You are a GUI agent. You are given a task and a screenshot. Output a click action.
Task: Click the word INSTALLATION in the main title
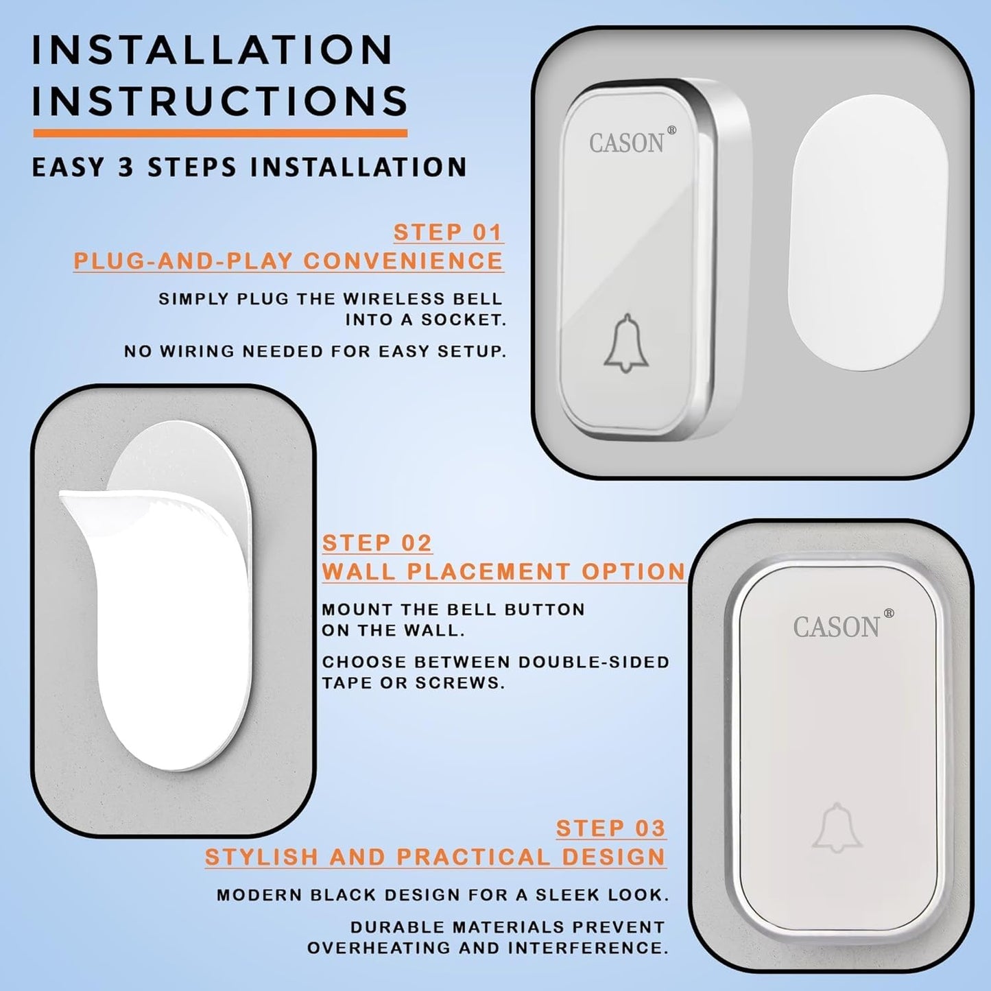(213, 50)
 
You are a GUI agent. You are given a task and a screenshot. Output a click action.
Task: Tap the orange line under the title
(220, 133)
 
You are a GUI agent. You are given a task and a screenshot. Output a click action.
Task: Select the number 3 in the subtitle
(126, 167)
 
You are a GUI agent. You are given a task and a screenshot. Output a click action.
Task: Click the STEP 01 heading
(448, 232)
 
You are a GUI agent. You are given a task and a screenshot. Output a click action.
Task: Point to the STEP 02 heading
(377, 543)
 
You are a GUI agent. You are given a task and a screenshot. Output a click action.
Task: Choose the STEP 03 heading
(611, 828)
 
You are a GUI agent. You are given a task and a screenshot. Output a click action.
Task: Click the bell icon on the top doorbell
(626, 342)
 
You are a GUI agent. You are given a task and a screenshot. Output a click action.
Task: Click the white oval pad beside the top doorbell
(868, 232)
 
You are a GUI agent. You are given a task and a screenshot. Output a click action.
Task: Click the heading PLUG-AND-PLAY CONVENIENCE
(288, 261)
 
